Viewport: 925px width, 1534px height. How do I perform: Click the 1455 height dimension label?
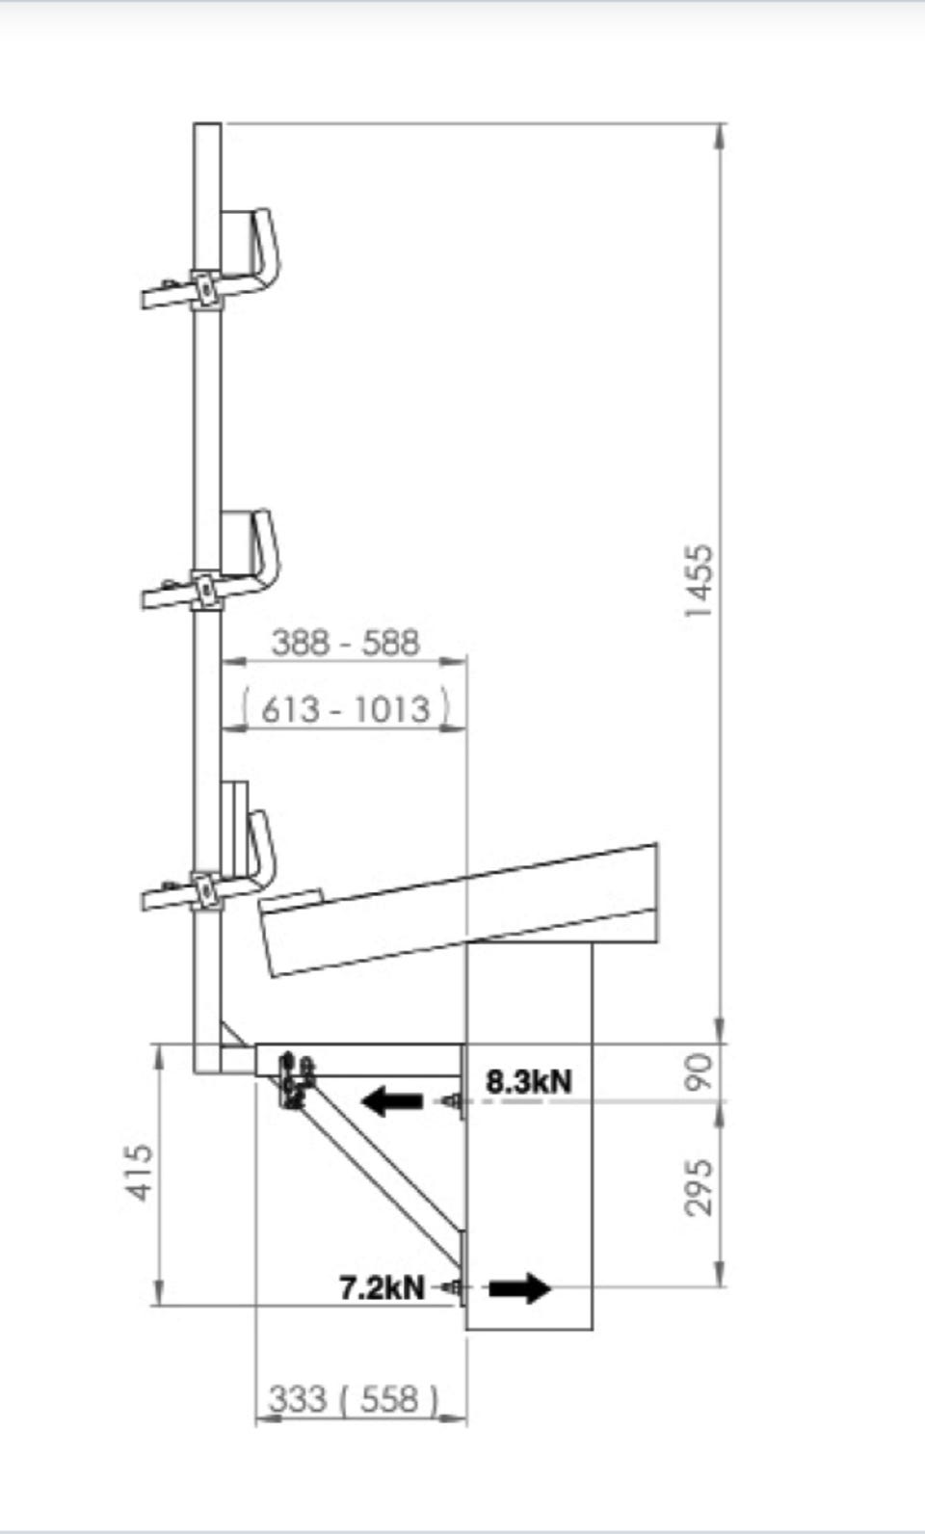coord(700,581)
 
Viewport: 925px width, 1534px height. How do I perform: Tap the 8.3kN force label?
coord(529,1081)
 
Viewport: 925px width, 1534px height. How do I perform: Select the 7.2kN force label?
coord(383,1288)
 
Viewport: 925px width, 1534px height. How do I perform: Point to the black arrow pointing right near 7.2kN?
coord(520,1288)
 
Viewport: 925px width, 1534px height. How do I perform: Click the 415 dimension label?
coord(140,1172)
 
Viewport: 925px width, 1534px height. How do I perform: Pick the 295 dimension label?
coord(700,1188)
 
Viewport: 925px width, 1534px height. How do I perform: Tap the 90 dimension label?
coord(700,1072)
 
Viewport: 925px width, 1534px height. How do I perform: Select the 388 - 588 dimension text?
coord(345,643)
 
